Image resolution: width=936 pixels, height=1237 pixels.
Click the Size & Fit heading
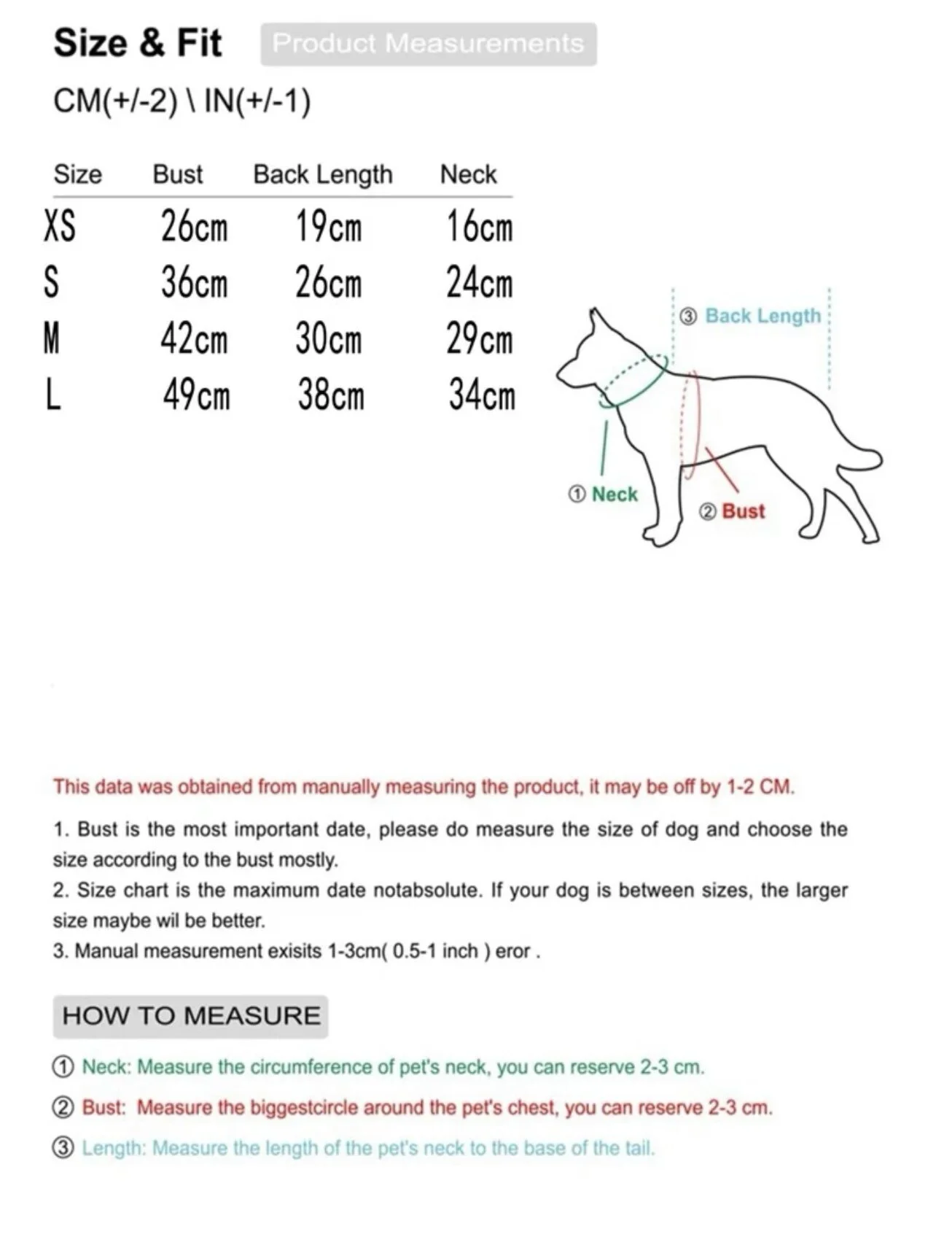(137, 43)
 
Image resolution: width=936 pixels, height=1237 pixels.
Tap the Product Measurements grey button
(429, 44)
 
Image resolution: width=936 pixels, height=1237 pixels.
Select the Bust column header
(177, 175)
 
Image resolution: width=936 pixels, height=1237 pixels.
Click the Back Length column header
(322, 175)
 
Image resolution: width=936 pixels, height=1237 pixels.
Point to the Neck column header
(468, 175)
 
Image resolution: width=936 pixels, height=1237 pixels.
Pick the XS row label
(59, 226)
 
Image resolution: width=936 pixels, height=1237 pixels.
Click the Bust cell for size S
(194, 283)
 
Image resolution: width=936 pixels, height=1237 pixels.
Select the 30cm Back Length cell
(328, 339)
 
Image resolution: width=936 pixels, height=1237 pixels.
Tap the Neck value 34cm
(481, 395)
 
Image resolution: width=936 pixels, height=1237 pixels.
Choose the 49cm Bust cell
(195, 395)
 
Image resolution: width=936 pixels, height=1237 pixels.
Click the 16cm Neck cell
(479, 226)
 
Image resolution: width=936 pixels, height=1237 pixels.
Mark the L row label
(52, 395)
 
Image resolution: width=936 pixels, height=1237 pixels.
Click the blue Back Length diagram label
(763, 316)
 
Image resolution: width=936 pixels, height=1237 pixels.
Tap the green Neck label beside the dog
(614, 495)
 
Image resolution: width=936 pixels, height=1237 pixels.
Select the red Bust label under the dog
(743, 511)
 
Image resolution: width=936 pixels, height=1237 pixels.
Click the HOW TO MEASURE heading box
(190, 1016)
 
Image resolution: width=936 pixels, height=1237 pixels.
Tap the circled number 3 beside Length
(63, 1148)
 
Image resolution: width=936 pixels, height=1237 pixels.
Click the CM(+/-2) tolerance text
(115, 101)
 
